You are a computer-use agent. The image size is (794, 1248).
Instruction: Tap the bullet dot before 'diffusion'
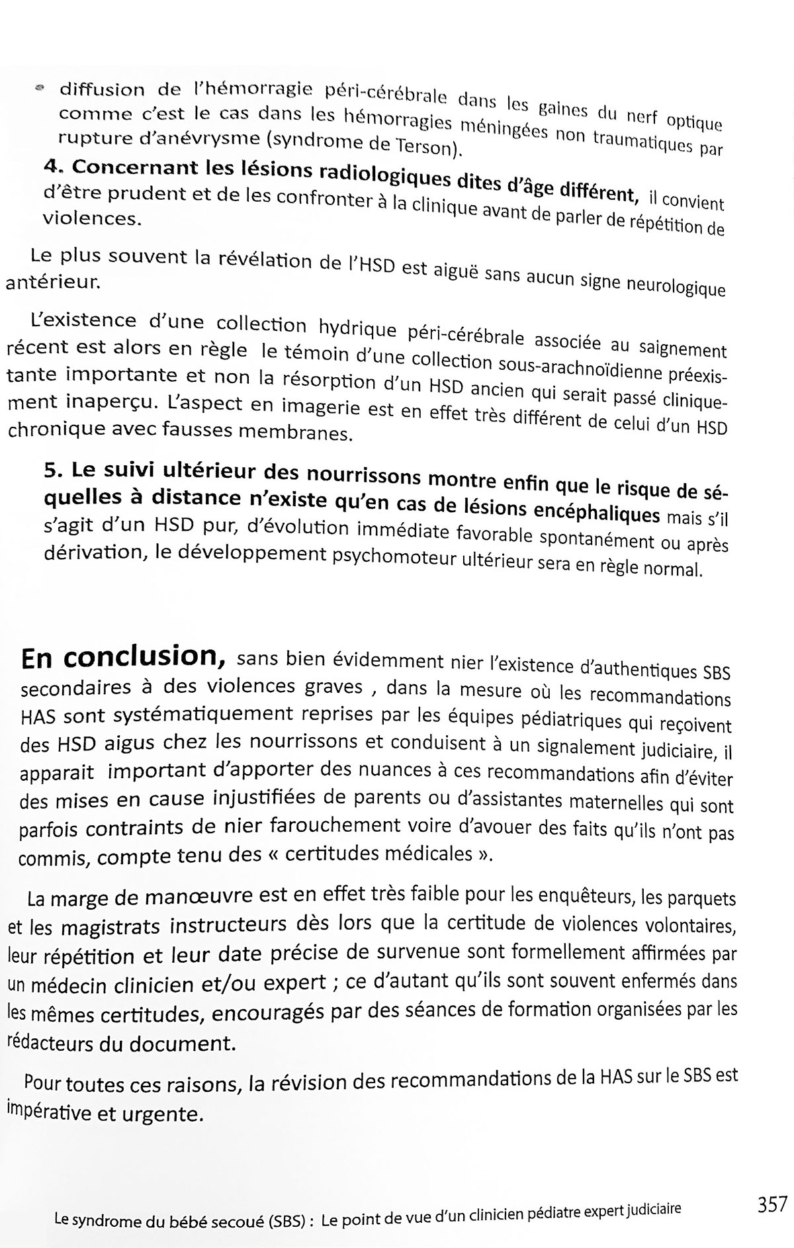(40, 87)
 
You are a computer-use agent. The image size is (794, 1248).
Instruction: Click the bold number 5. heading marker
(52, 469)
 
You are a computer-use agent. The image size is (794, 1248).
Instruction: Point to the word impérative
(50, 1112)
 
